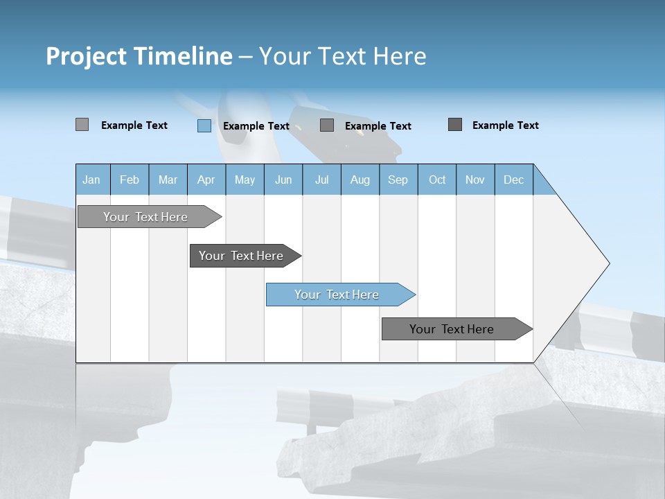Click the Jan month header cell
tap(92, 180)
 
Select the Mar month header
tap(168, 180)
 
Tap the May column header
tap(245, 180)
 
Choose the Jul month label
tap(321, 180)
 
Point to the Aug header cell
tap(360, 180)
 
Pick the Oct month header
tap(437, 180)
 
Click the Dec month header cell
tap(513, 180)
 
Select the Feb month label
tap(130, 180)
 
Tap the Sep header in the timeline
tap(398, 180)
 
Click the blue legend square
tap(204, 125)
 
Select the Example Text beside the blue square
tap(256, 126)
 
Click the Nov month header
tap(475, 180)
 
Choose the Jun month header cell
tap(283, 180)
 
